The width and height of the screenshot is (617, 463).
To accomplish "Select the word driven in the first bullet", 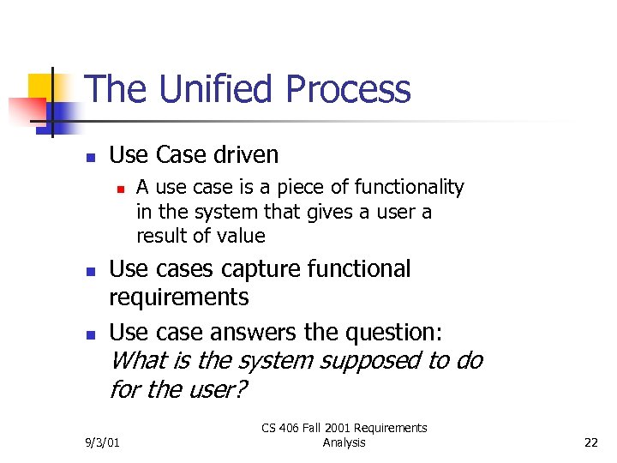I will point(245,155).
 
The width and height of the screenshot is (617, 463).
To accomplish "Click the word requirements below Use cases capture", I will point(178,298).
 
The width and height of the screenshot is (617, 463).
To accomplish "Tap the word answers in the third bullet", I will point(243,331).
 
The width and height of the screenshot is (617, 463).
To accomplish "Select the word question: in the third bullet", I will point(392,331).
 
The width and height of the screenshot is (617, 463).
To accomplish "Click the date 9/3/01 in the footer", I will point(102,442).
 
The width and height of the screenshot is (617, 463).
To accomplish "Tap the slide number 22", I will point(590,442).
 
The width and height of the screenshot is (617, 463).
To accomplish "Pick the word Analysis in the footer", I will point(344,442).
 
